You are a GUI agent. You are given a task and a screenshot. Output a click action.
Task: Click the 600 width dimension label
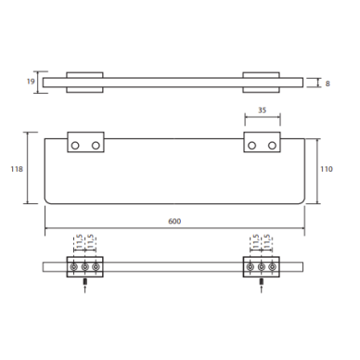tap(174, 221)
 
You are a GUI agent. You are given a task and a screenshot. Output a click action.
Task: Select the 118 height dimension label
tap(17, 169)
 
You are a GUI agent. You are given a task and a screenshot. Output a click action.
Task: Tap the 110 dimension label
tap(327, 169)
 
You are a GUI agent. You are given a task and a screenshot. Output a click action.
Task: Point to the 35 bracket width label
tap(262, 110)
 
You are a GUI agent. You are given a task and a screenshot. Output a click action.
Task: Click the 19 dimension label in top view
tap(31, 82)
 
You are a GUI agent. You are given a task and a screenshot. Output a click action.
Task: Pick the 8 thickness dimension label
tap(328, 84)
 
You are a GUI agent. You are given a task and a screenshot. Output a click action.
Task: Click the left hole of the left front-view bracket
tap(75, 146)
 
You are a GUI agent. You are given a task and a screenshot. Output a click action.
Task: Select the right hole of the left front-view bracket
tap(96, 146)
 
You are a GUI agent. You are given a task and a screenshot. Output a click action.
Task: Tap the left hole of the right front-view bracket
tap(251, 146)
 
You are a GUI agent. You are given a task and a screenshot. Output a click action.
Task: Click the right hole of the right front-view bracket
tap(272, 146)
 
